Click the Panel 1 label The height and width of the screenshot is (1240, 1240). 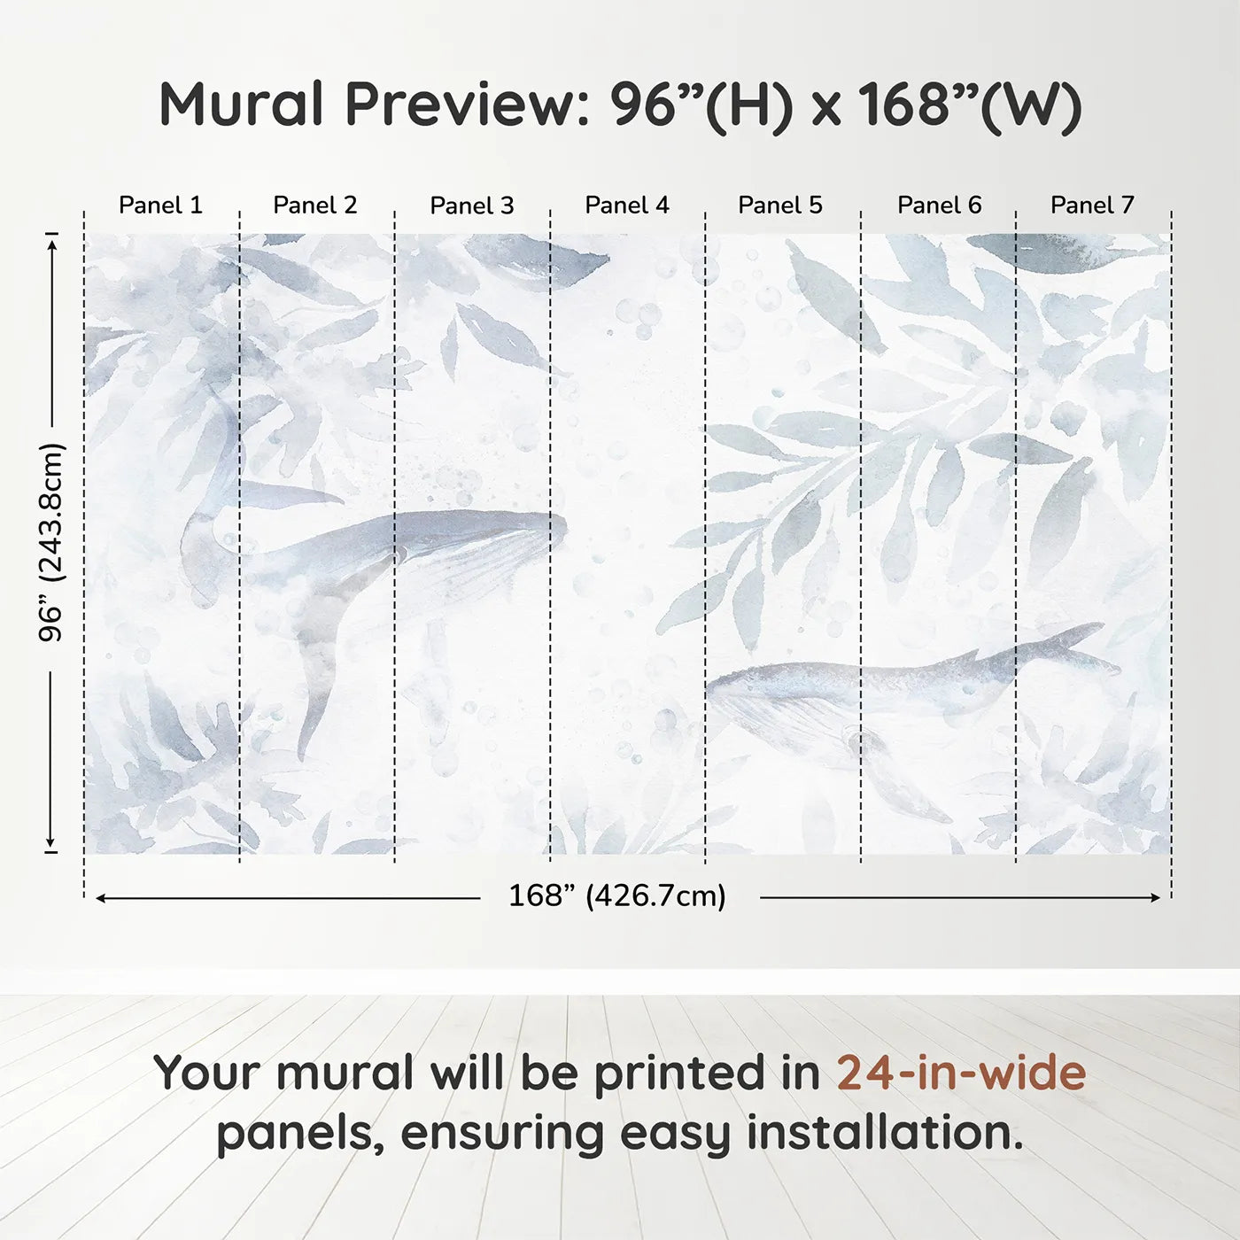click(160, 205)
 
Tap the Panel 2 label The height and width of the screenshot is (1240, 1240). click(314, 205)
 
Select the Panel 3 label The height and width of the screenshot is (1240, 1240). click(471, 205)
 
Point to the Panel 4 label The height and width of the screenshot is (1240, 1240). click(626, 205)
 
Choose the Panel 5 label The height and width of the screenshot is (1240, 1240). click(779, 205)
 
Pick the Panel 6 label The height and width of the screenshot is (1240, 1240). click(939, 205)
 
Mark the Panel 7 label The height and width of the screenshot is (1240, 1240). click(1091, 205)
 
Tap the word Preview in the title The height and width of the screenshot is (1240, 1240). click(461, 105)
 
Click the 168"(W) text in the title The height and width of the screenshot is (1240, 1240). click(970, 105)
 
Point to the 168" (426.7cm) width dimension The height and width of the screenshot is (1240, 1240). click(616, 896)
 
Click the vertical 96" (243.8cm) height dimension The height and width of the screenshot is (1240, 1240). click(51, 542)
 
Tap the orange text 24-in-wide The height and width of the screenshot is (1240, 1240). click(961, 1073)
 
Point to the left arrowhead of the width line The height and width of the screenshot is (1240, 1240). click(101, 898)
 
